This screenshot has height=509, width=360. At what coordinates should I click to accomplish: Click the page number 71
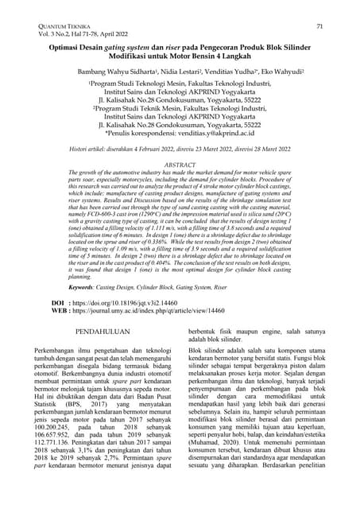pos(319,27)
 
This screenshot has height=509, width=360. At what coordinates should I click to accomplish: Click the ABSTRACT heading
pos(180,164)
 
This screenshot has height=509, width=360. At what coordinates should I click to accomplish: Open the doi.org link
pos(131,325)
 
